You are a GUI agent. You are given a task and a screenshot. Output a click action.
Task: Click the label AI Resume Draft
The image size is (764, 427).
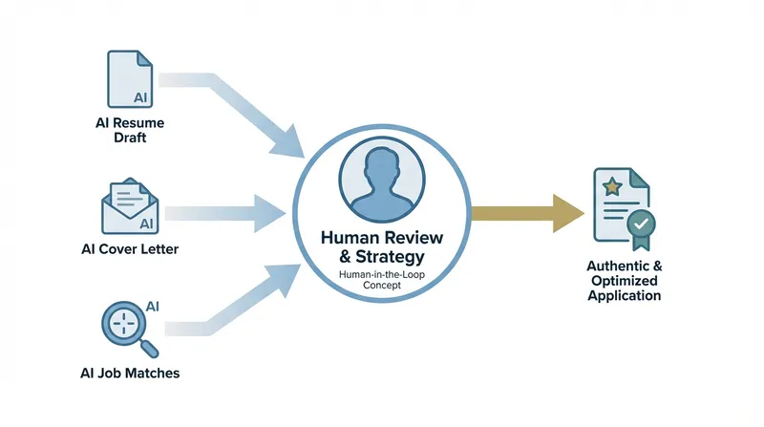pyautogui.click(x=130, y=132)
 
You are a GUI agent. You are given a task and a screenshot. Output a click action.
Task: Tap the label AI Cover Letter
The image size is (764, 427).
pyautogui.click(x=131, y=250)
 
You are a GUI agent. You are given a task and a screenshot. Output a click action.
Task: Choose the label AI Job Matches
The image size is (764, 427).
pyautogui.click(x=131, y=372)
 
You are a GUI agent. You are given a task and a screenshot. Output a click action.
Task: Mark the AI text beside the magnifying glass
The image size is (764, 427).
pyautogui.click(x=151, y=306)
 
